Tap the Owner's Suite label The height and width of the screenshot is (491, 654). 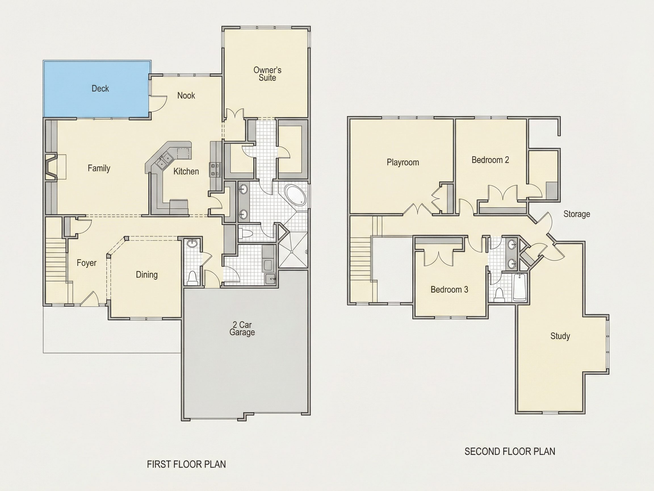(267, 74)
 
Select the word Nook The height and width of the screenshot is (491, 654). (186, 95)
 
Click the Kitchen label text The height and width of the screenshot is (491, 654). (186, 171)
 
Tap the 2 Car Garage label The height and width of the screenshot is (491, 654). (242, 328)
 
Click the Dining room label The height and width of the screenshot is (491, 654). (147, 275)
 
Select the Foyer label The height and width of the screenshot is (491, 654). (87, 263)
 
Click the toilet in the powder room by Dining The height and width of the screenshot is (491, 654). (192, 278)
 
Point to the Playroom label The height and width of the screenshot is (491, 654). (403, 162)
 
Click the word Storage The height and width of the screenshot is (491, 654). (577, 214)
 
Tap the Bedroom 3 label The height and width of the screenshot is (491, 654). (449, 289)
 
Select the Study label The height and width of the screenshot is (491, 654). (560, 336)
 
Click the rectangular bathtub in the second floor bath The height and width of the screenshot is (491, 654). (519, 287)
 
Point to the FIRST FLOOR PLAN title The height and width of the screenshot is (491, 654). (186, 464)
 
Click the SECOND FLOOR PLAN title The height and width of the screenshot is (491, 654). (510, 451)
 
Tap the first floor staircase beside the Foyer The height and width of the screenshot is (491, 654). (56, 261)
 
